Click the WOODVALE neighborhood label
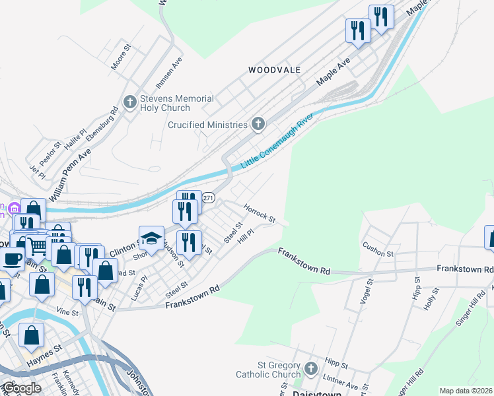[x=274, y=69]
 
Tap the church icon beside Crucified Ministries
[x=258, y=124]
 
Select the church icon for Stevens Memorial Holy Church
[x=129, y=102]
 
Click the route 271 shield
[x=208, y=198]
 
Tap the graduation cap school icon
[x=152, y=238]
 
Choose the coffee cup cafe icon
[x=12, y=258]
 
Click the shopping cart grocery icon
[x=38, y=246]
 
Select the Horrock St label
[x=259, y=212]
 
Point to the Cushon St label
[x=378, y=249]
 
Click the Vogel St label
[x=364, y=290]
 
